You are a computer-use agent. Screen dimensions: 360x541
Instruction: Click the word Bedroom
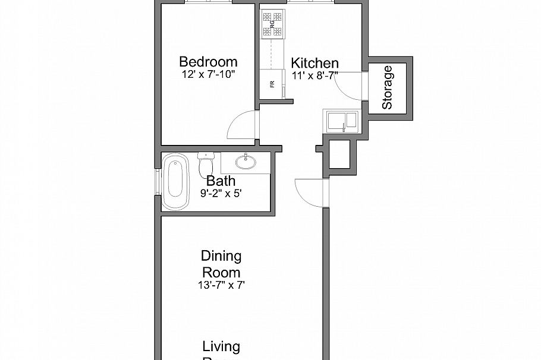(208, 62)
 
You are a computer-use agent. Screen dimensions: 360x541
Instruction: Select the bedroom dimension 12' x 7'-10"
(209, 75)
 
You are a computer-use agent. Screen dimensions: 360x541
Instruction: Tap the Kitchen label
(314, 63)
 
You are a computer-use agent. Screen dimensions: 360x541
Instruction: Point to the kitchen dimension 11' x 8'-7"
(314, 75)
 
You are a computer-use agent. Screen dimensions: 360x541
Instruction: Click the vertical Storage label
(388, 87)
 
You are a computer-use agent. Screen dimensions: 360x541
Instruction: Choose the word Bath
(221, 181)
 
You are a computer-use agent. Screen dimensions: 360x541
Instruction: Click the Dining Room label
(221, 264)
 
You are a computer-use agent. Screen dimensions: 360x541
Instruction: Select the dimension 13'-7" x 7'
(221, 285)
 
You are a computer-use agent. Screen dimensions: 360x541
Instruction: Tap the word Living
(221, 346)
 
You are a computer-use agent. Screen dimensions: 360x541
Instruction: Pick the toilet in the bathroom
(205, 164)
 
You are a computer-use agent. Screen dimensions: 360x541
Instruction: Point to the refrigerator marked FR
(272, 84)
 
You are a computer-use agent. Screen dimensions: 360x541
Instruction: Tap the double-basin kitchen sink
(341, 121)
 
